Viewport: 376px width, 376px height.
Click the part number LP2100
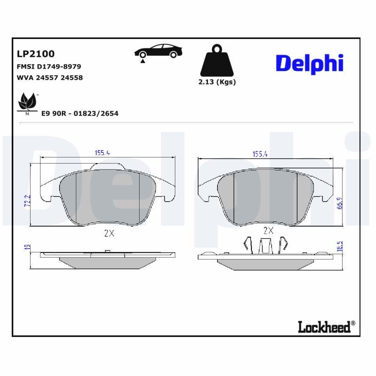click(x=36, y=54)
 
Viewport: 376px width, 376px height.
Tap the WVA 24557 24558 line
click(x=49, y=78)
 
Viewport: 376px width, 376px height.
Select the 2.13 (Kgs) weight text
click(x=217, y=82)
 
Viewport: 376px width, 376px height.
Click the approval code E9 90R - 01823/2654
click(x=79, y=113)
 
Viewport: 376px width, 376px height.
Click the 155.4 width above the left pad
click(x=102, y=153)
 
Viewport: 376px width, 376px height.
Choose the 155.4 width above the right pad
click(x=260, y=154)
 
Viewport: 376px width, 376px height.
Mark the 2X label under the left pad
click(x=109, y=233)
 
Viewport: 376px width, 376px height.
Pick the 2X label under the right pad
click(x=268, y=230)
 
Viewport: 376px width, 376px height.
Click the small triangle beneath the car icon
click(x=142, y=61)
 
